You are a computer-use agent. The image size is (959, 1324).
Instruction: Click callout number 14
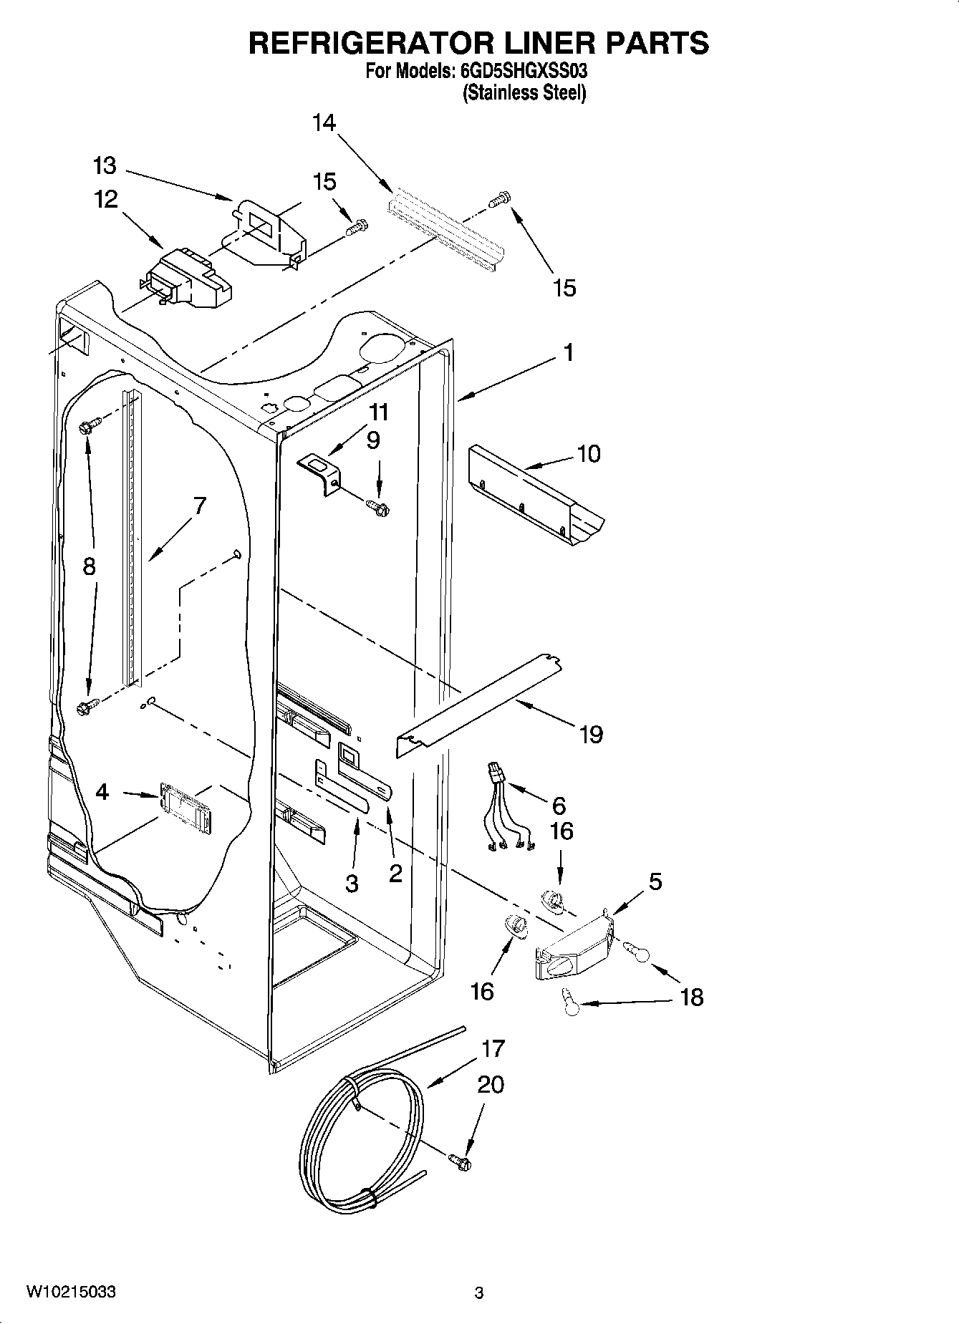[x=324, y=123]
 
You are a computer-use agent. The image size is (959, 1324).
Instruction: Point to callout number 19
[x=591, y=734]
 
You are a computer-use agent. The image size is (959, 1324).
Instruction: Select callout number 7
[x=199, y=506]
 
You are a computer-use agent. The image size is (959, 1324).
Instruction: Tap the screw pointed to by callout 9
[x=377, y=508]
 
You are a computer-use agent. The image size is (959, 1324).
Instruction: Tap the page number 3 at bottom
[x=479, y=1292]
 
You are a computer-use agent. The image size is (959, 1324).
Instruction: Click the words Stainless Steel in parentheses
[x=524, y=93]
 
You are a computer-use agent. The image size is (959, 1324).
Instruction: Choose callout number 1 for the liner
[x=568, y=353]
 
